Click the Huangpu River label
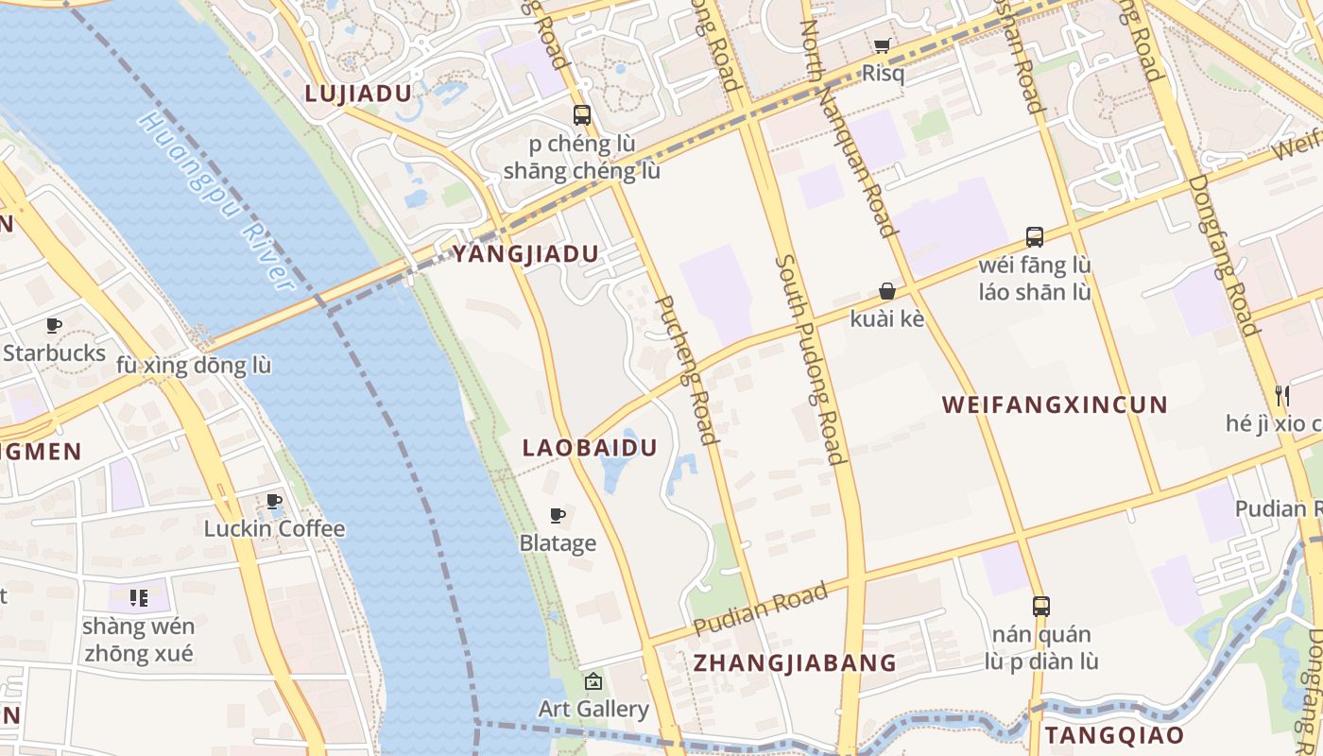point(215,200)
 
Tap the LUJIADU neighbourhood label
point(358,94)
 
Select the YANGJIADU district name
point(525,254)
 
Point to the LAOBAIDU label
point(590,448)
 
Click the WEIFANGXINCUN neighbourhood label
point(1055,405)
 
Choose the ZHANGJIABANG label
point(795,662)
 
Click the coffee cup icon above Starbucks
point(54,326)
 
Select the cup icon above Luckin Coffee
point(274,501)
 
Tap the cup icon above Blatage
point(558,515)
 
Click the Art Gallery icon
point(593,680)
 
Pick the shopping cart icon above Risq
point(882,45)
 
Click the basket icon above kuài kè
point(886,291)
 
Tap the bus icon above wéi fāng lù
point(1035,236)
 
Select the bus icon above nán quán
point(1040,606)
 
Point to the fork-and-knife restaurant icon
point(1281,395)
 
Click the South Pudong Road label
point(809,359)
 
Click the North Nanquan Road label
point(848,128)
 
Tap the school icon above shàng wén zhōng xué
point(139,597)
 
